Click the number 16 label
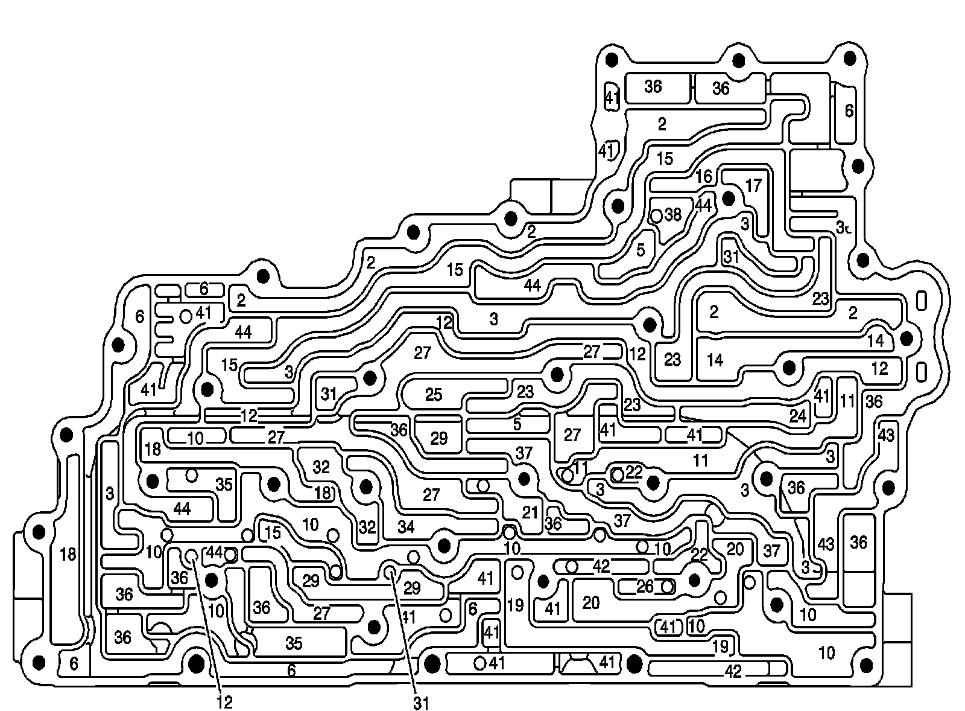704,177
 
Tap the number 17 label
753,185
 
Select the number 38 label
673,215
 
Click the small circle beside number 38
657,215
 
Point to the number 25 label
434,395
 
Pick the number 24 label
798,417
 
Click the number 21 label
530,513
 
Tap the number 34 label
406,527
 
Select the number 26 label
645,586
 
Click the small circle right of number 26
666,587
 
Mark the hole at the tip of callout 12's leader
192,555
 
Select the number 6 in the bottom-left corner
74,664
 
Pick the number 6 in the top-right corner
849,111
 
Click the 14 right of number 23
715,361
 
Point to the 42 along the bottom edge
733,671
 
